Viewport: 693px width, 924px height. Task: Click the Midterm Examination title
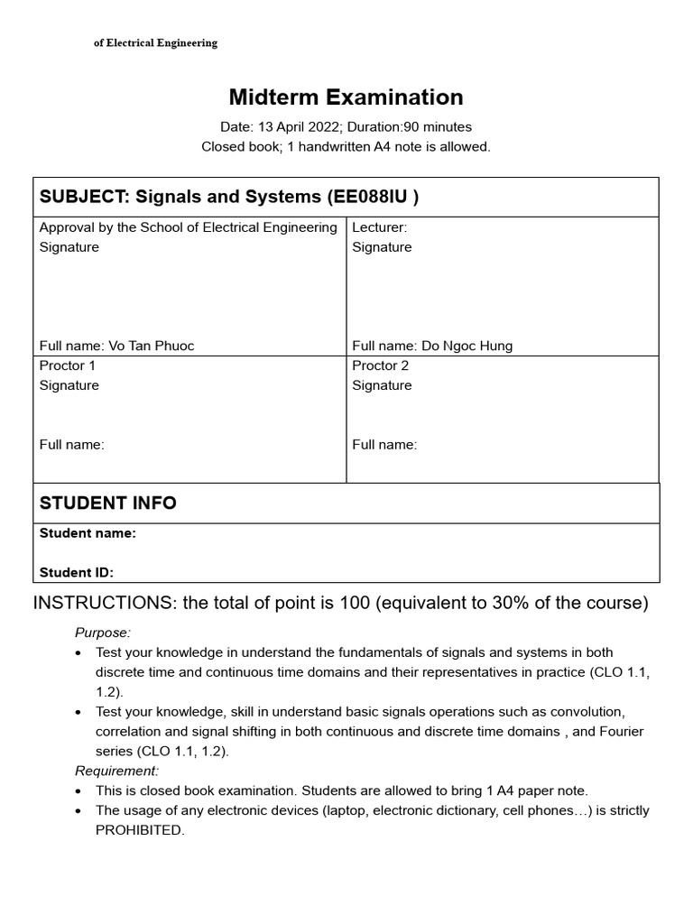pos(346,97)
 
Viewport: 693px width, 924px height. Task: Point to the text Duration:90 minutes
pos(415,127)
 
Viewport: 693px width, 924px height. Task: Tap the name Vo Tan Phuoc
pos(151,346)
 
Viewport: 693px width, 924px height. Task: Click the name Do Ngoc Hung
pos(467,346)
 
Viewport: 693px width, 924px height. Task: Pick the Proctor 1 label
pos(68,365)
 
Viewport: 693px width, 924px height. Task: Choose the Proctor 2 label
pos(380,365)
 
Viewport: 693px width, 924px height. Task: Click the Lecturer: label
pos(380,227)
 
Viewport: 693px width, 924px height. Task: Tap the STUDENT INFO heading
pos(108,504)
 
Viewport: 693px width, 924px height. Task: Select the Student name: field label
pos(88,533)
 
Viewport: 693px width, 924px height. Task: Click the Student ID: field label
pos(77,572)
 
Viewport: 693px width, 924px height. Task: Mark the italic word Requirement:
pos(116,771)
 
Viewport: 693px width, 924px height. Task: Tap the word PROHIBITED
pos(140,830)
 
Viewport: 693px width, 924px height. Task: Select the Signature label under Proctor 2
pos(382,385)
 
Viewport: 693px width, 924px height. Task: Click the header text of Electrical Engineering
pos(155,43)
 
